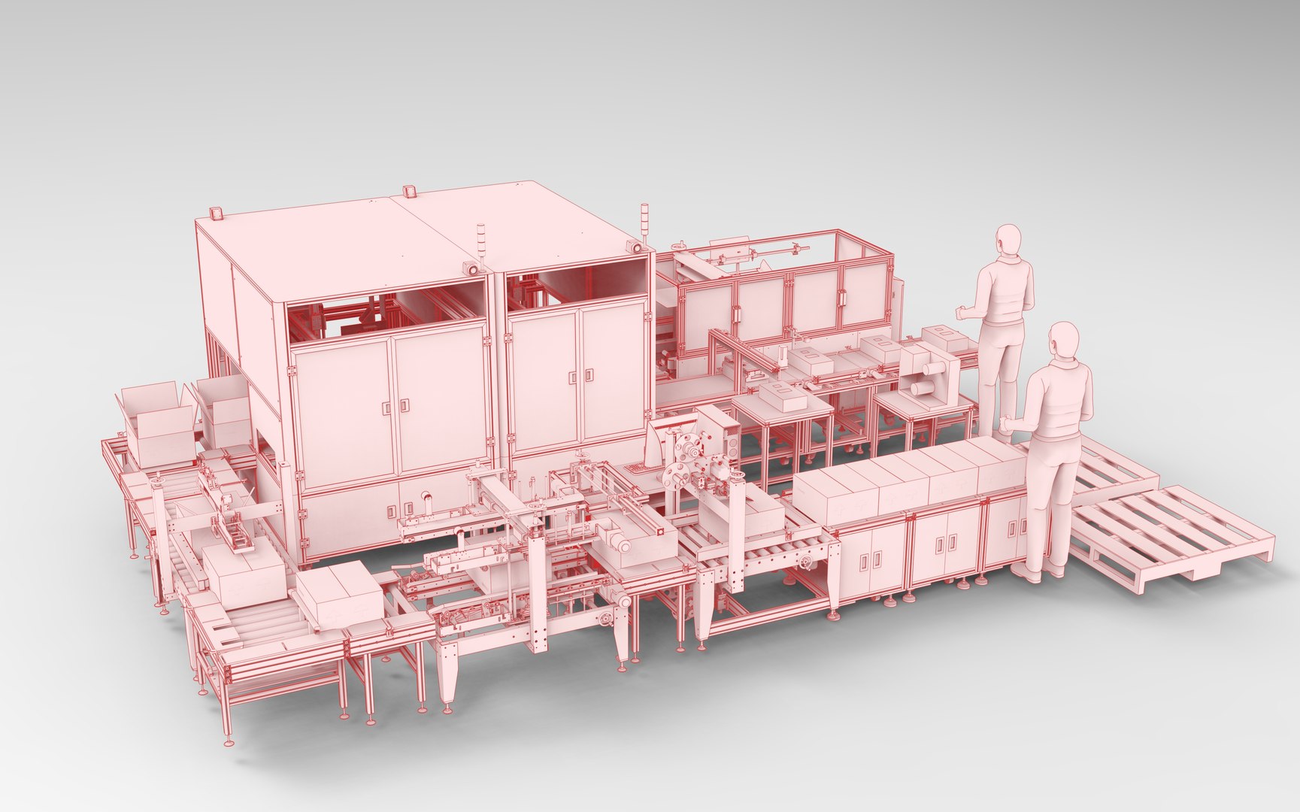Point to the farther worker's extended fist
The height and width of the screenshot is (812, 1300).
click(x=961, y=312)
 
